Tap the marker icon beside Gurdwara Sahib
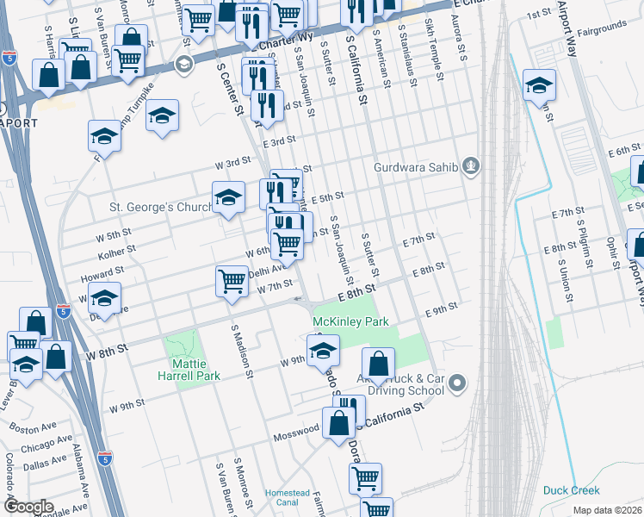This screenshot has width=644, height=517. [x=470, y=165]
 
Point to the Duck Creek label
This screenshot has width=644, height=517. [x=571, y=491]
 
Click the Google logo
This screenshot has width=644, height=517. [x=28, y=506]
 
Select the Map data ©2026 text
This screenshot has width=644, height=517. [x=606, y=510]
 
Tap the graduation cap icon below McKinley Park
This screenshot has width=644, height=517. [x=323, y=350]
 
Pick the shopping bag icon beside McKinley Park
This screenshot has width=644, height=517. [x=377, y=364]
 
